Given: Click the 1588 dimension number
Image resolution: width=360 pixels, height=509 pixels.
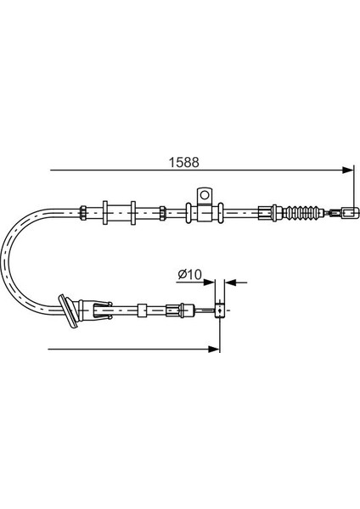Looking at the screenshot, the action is pos(183,162).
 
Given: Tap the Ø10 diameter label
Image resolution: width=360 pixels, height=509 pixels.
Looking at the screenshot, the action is pos(189,275).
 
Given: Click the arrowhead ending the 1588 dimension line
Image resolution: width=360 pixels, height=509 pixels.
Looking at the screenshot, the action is pos(347,170).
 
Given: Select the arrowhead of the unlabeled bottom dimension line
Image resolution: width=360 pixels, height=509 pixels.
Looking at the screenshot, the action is pos(214,349).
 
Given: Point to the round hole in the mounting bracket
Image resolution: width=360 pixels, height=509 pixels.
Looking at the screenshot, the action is pos(205,195).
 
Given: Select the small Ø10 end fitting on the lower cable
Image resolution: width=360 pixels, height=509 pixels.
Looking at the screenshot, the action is pos(220,311).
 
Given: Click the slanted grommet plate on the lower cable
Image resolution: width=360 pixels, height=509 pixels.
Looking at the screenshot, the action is pos(68,312).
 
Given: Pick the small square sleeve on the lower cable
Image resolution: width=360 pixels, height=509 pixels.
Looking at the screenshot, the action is pos(142,310).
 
